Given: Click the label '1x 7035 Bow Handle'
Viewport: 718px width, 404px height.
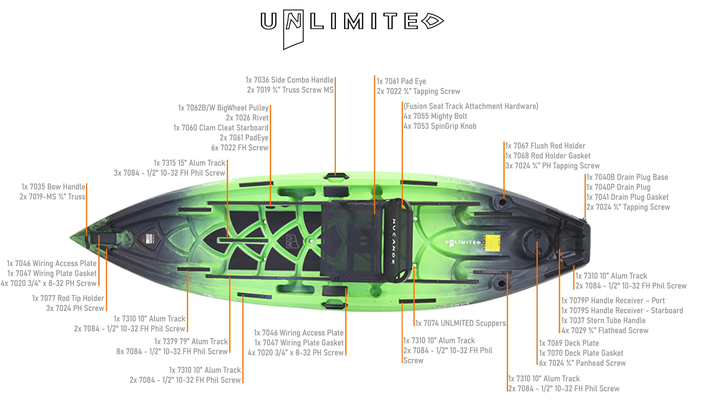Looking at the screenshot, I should [x=53, y=187].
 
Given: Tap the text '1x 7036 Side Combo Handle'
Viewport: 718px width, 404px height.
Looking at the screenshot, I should [x=289, y=80].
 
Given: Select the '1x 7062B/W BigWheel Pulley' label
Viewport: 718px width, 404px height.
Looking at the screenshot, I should [x=223, y=108].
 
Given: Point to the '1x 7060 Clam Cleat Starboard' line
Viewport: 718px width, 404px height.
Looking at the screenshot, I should [x=221, y=128].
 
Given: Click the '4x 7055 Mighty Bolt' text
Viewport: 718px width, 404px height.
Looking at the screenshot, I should [x=435, y=116].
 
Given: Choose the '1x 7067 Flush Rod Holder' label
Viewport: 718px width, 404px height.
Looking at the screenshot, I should [x=545, y=146].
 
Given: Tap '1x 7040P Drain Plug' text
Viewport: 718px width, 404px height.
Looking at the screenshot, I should [x=618, y=187].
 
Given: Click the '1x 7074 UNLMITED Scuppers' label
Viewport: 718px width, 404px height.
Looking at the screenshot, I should [x=461, y=323].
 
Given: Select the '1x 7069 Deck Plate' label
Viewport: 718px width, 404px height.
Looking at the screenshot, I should [x=569, y=343].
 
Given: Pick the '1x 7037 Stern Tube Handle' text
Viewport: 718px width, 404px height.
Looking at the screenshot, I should [x=603, y=320].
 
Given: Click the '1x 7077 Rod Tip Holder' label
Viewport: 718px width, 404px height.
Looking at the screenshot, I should [x=68, y=298].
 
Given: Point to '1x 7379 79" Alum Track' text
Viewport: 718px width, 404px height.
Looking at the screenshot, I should [x=191, y=341].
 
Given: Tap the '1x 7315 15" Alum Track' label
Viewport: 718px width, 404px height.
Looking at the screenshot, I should [x=189, y=163].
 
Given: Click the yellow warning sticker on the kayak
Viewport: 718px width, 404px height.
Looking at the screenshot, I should [x=493, y=243].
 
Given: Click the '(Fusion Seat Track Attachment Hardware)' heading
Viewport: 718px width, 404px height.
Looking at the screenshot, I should [x=471, y=106].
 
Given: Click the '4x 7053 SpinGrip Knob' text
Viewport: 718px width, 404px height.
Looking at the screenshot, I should [x=440, y=126].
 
